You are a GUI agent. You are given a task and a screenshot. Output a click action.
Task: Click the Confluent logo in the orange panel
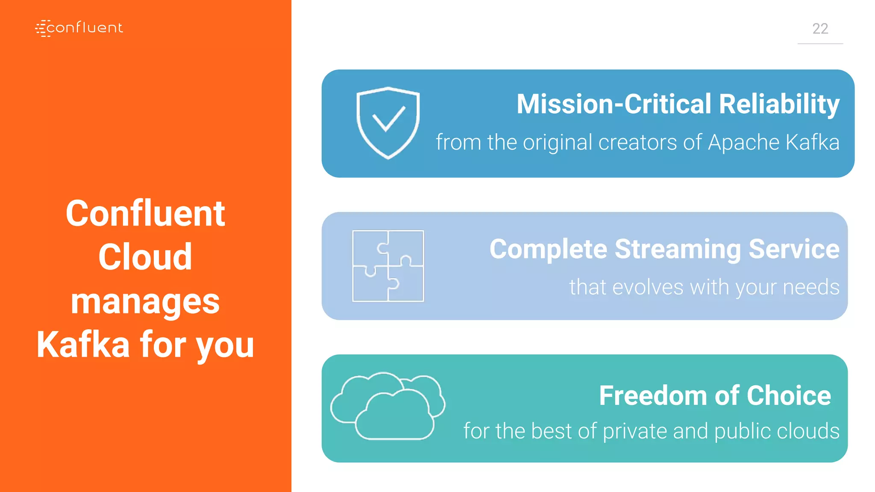tap(79, 28)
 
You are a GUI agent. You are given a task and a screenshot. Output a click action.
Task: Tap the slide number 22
tap(820, 29)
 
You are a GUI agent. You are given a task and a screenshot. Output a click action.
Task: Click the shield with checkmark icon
tap(388, 123)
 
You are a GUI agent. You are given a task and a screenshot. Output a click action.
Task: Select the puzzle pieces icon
tap(388, 266)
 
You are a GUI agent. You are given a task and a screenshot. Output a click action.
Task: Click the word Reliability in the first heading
tap(779, 104)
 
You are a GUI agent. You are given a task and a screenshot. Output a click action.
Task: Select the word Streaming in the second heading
tap(678, 249)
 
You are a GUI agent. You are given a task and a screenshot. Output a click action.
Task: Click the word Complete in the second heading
tap(548, 249)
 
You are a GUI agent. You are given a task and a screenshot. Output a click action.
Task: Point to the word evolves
tap(648, 287)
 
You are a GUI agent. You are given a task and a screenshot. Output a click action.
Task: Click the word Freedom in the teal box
tap(653, 395)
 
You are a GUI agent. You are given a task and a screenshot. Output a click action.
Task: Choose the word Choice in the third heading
tap(789, 395)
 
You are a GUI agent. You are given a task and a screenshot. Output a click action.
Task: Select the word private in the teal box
tap(635, 431)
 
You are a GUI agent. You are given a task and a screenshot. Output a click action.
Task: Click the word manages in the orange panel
tap(145, 302)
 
